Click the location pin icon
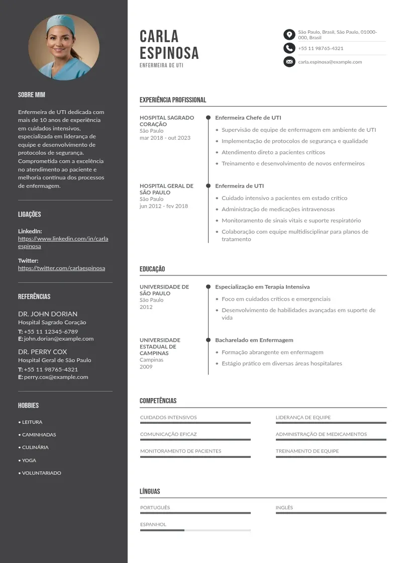pos(289,34)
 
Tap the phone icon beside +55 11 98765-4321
pos(289,48)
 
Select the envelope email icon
pos(289,62)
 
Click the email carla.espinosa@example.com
pos(330,62)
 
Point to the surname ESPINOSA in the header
pos(169,53)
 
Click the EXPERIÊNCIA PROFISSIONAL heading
pos(173,100)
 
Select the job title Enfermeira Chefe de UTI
pos(248,118)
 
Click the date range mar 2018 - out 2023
pos(165,138)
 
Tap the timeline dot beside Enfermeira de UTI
pos(208,185)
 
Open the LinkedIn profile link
pos(63,242)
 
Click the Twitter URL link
pos(61,268)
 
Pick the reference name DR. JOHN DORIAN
pos(48,314)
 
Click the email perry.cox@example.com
pos(56,377)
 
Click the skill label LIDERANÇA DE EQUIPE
pos(303,417)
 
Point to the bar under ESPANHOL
pos(195,530)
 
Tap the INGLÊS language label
pos(284,508)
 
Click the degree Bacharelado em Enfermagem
pos(254,340)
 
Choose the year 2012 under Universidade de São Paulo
pos(146,307)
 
